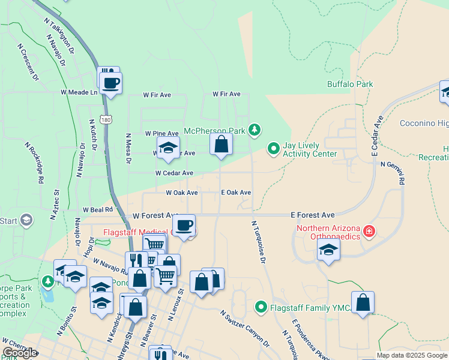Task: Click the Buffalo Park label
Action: coord(349,85)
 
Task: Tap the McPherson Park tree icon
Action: coord(255,129)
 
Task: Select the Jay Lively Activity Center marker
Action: coord(274,147)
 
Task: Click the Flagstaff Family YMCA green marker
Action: coord(261,307)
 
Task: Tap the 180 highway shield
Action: coord(106,120)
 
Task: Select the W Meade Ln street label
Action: coord(79,92)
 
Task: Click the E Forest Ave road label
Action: coord(312,214)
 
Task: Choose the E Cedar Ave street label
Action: coord(377,137)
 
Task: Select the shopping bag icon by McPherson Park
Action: coord(221,144)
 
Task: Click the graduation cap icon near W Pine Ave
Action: coord(169,147)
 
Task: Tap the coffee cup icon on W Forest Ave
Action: coord(184,226)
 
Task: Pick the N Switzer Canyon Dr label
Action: coord(244,329)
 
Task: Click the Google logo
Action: coord(20,353)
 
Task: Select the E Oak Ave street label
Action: coord(236,193)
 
